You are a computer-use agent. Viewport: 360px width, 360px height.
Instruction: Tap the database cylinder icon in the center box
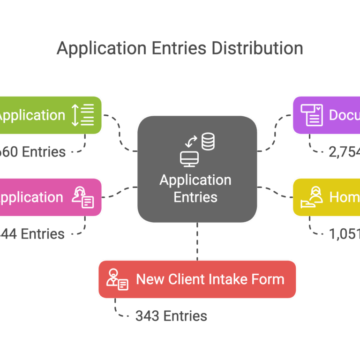click(x=208, y=141)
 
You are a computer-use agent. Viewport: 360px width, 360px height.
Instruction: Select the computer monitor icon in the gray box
click(x=189, y=158)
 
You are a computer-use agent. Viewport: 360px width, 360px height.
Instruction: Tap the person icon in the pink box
click(x=82, y=197)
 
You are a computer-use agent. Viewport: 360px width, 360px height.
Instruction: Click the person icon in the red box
click(x=117, y=279)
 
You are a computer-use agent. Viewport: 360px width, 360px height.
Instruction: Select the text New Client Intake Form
click(x=210, y=279)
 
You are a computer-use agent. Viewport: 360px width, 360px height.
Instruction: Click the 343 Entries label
click(x=171, y=316)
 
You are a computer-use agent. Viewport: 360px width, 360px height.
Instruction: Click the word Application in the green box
click(x=32, y=115)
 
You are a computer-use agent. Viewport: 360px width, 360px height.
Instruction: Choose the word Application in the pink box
click(x=31, y=197)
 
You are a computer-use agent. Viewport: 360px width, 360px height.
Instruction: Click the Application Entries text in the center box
click(x=195, y=188)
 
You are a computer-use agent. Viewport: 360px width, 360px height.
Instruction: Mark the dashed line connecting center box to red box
click(x=197, y=241)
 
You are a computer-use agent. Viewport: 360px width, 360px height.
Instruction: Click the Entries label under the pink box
click(x=43, y=234)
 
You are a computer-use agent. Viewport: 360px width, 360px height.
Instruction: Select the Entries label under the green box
click(x=44, y=152)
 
